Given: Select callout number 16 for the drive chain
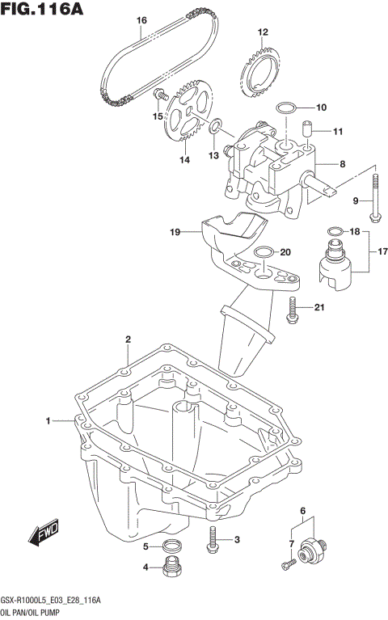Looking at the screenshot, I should point(141,20).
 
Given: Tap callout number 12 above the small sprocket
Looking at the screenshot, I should point(262,32).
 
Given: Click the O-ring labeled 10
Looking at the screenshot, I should point(286,107).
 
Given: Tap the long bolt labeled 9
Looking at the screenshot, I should point(375,198).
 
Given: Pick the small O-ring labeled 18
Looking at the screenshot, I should point(333,232).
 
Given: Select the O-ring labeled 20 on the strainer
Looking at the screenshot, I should point(261,252).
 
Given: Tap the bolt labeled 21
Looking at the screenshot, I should point(293,309).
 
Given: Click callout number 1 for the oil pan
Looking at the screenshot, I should point(48,420).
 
